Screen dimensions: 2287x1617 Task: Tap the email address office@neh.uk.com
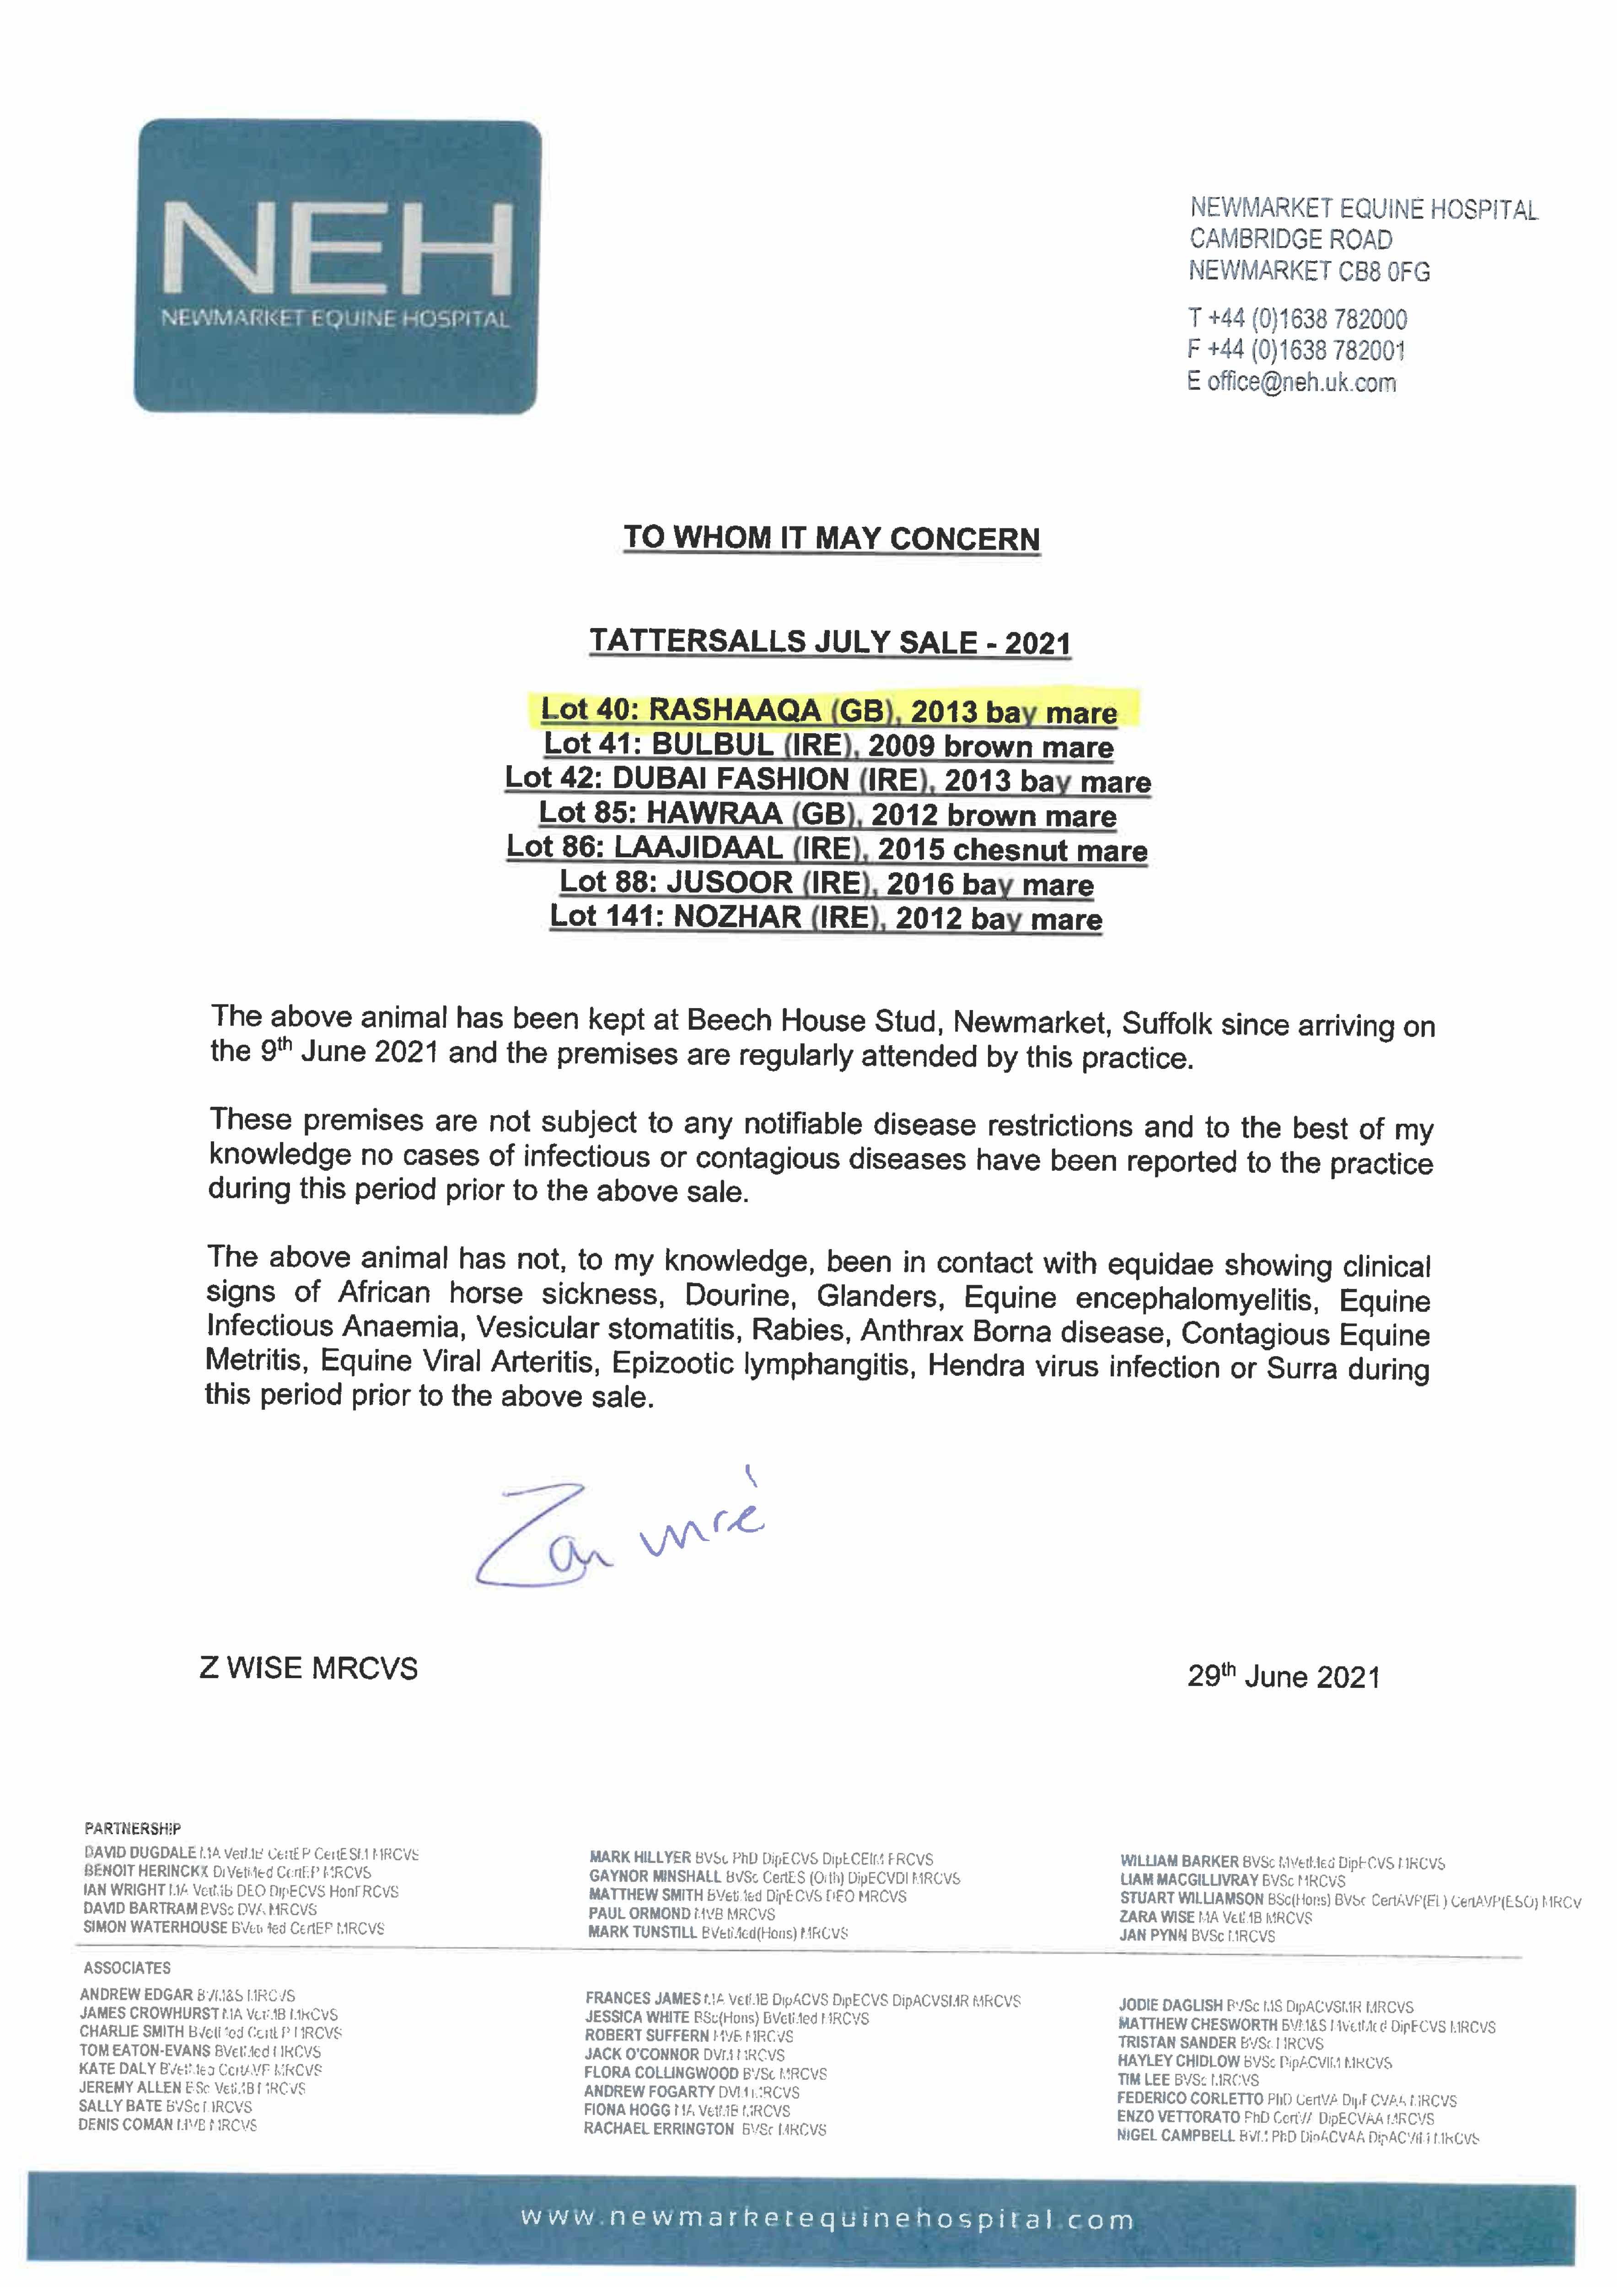[1301, 382]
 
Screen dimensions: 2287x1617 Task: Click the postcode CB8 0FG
[1383, 271]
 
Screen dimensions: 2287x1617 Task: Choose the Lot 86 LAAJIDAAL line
[827, 848]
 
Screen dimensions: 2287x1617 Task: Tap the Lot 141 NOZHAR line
[826, 918]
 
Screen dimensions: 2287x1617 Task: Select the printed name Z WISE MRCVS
[309, 1669]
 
